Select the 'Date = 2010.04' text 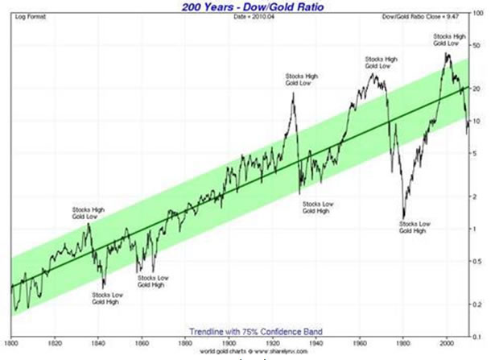point(246,17)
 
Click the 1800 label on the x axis point(12,342)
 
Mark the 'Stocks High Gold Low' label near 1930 point(302,80)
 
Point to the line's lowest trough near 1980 point(404,216)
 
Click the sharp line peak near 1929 point(293,93)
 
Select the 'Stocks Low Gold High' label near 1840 point(107,299)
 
